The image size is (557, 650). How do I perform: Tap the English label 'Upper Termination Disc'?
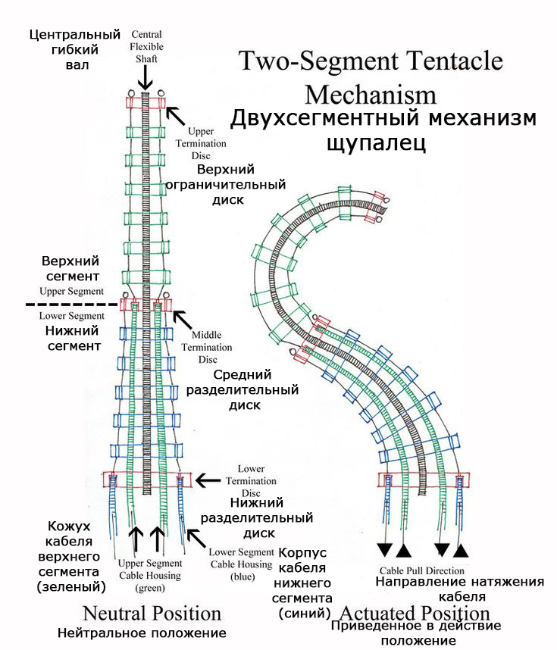coord(201,143)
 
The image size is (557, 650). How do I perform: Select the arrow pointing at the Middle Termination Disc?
coord(183,320)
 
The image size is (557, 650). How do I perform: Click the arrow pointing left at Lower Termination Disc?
coord(208,480)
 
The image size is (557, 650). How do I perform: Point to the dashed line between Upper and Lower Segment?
coord(72,305)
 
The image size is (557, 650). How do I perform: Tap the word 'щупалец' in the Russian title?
coord(376,142)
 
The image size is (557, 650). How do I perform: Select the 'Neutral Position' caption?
coord(152,614)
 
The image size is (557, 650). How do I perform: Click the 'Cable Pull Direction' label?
coord(422,570)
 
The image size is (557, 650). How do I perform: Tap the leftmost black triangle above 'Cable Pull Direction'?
coord(384,549)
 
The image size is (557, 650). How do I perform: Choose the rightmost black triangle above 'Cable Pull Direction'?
coord(461,551)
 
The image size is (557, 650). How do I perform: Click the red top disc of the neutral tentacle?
coord(146,103)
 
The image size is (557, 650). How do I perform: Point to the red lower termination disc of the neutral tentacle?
coord(148,480)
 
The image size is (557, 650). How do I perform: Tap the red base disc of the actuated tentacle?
coord(424,480)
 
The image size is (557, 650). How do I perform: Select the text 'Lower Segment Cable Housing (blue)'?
coord(242,564)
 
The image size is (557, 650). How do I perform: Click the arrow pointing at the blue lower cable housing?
coord(196,538)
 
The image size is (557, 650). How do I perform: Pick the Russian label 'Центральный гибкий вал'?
coord(75,49)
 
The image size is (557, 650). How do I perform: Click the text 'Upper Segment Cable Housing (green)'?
coord(150,576)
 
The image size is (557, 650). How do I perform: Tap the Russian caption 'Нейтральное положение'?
coord(142,633)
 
